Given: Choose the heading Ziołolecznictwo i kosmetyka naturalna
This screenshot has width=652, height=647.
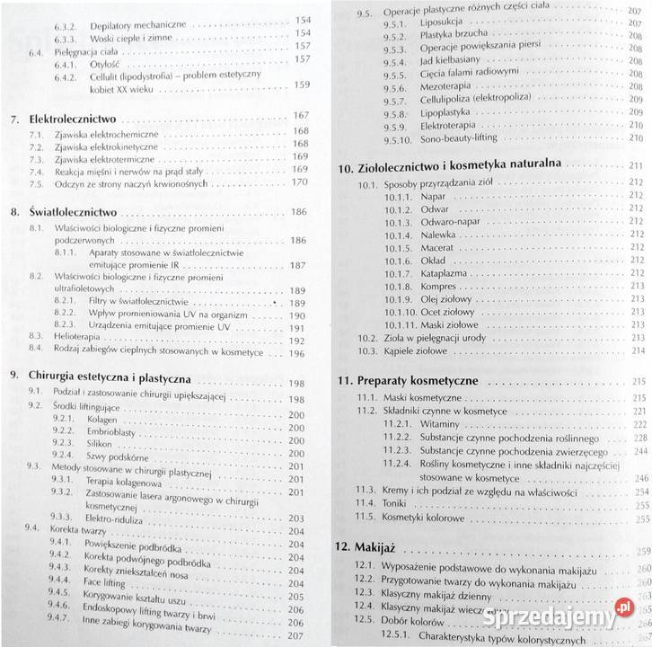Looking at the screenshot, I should pyautogui.click(x=459, y=166).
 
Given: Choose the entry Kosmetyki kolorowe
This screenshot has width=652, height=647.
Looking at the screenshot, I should pyautogui.click(x=421, y=518).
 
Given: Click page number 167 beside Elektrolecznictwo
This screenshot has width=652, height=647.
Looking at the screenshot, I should pyautogui.click(x=300, y=115).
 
